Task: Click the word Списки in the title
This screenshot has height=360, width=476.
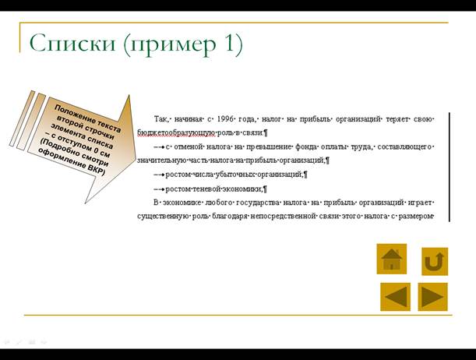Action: pos(72,43)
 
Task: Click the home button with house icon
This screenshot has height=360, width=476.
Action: pos(392,259)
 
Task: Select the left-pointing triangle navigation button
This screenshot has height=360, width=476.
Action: pos(395,297)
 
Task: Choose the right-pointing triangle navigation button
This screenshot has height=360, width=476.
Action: pos(432,297)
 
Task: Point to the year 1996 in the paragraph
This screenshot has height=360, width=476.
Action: pos(224,119)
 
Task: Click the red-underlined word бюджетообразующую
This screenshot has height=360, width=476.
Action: pos(176,133)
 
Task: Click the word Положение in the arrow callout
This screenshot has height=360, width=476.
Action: pos(74,114)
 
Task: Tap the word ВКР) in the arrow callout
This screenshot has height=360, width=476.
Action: pos(96,170)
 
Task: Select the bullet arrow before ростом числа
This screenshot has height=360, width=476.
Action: pos(160,175)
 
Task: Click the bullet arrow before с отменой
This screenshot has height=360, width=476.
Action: pos(160,147)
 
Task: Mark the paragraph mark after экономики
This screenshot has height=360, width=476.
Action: pos(265,189)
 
